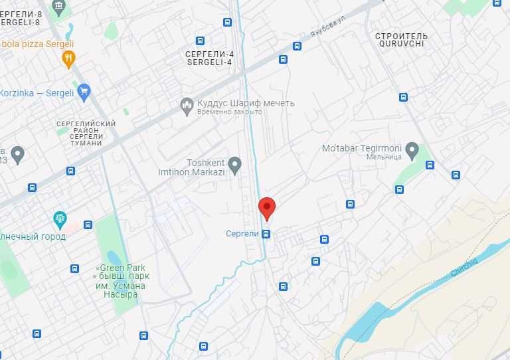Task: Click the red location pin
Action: tap(266, 208)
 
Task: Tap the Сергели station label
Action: tap(242, 234)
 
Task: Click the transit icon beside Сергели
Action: tap(266, 234)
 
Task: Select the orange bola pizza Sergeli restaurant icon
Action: tap(68, 60)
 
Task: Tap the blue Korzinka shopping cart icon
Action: tap(84, 92)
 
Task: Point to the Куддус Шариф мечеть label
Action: tap(246, 104)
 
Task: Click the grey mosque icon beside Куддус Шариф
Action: tap(187, 104)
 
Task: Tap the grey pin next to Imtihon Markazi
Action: tap(234, 163)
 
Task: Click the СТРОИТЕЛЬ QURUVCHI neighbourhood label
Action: tap(401, 40)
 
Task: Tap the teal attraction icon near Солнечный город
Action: tap(60, 219)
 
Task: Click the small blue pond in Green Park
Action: tap(114, 258)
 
